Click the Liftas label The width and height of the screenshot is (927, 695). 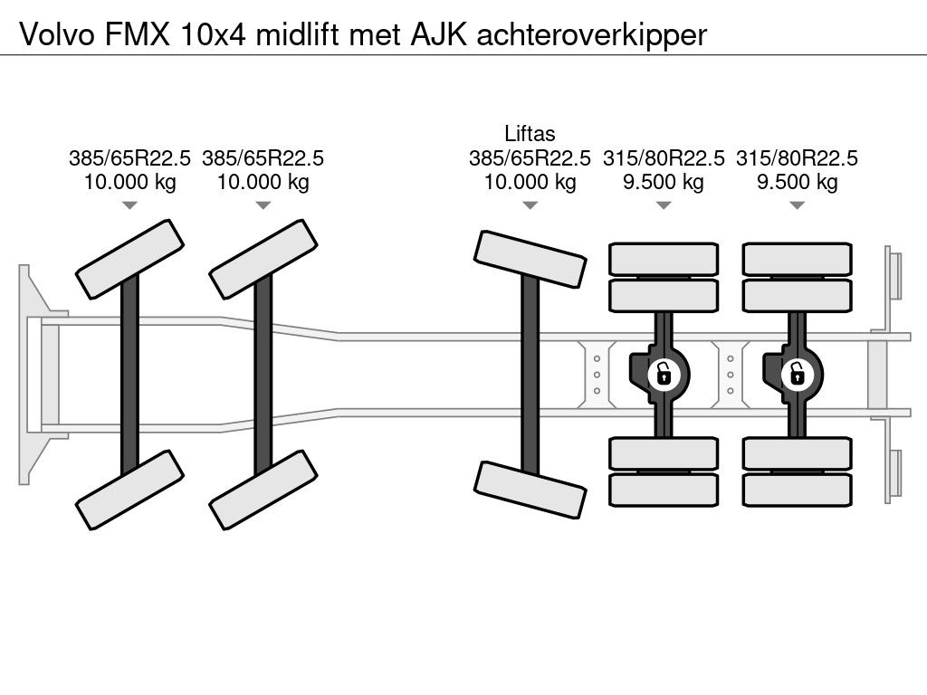point(530,134)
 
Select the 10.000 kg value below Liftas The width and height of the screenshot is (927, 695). point(530,182)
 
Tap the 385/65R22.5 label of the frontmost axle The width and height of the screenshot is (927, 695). point(129,158)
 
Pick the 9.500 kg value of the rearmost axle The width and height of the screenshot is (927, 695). point(797,182)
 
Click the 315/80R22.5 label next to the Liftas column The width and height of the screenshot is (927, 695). point(664,158)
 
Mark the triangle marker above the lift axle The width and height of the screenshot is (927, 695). point(530,205)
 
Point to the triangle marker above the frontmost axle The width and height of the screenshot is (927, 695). point(129,205)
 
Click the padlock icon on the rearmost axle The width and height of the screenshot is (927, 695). point(797,372)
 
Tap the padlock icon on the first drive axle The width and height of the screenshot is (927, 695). point(664,372)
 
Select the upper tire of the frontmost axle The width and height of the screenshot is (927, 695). point(129,259)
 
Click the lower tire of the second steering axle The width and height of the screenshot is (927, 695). point(263,490)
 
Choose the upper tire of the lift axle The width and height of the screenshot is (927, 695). point(530,260)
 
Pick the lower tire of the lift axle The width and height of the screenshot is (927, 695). point(530,490)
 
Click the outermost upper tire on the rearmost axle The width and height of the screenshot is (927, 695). point(797,259)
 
